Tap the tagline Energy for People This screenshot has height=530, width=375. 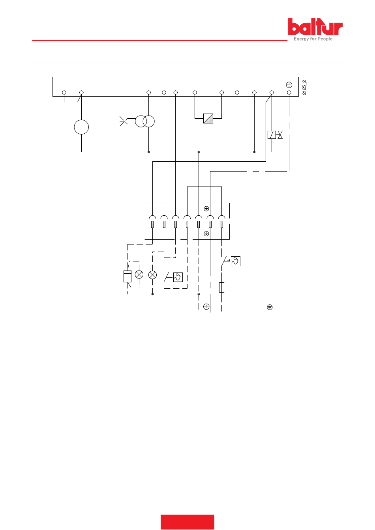313,39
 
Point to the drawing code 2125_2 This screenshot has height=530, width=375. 304,88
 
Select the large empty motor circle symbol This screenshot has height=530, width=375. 81,127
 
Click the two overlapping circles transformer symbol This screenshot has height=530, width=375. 145,121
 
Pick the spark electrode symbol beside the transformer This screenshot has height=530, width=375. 123,121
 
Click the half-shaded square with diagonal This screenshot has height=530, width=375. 208,119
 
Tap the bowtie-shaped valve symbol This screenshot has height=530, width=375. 280,135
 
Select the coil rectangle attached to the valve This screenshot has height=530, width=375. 272,135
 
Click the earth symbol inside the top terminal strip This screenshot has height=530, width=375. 289,85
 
